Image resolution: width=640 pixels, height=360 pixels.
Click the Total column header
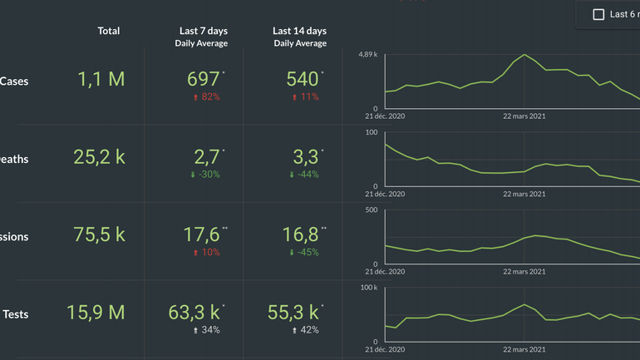tap(109, 31)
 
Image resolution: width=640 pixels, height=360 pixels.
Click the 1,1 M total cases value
tap(101, 79)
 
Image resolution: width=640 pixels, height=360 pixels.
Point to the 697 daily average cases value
tap(203, 79)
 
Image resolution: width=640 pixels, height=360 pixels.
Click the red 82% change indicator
tap(206, 97)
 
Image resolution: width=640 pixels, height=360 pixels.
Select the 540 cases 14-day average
tap(303, 79)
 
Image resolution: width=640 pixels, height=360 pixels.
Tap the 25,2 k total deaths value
tap(100, 156)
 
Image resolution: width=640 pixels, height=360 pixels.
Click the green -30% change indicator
tap(206, 175)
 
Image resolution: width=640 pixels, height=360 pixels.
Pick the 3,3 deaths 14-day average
tap(305, 156)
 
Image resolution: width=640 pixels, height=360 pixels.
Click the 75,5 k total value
tap(100, 234)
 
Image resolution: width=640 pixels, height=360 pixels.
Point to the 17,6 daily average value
tap(202, 234)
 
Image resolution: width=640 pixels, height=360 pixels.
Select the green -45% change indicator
tap(303, 253)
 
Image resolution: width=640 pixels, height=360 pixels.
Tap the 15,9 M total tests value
tap(96, 313)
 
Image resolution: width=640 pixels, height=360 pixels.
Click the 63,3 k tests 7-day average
tap(194, 313)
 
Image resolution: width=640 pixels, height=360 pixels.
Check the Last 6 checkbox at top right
tap(598, 14)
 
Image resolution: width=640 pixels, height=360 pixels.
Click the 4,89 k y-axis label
tap(368, 55)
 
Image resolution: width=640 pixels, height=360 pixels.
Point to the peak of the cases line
tap(524, 55)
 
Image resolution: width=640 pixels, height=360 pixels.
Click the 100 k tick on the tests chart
tap(369, 288)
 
